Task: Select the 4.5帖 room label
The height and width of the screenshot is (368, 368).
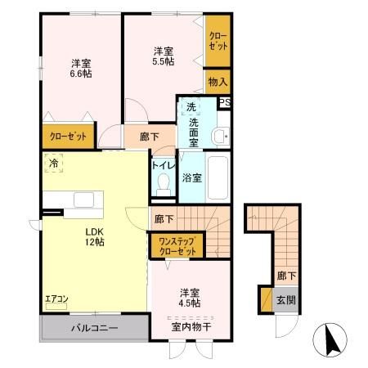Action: [x=191, y=297]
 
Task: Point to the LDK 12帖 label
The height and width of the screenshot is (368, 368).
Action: [x=96, y=236]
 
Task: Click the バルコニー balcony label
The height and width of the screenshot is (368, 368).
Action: [x=93, y=328]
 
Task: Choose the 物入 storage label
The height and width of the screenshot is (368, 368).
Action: [x=217, y=81]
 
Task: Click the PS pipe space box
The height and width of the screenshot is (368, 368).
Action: [x=224, y=102]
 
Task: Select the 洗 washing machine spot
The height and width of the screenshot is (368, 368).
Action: [x=190, y=107]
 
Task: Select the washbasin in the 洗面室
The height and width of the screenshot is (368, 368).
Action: [x=219, y=136]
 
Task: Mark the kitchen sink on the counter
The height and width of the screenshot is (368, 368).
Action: [x=85, y=200]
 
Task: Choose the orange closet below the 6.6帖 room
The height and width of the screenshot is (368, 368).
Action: [x=68, y=137]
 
